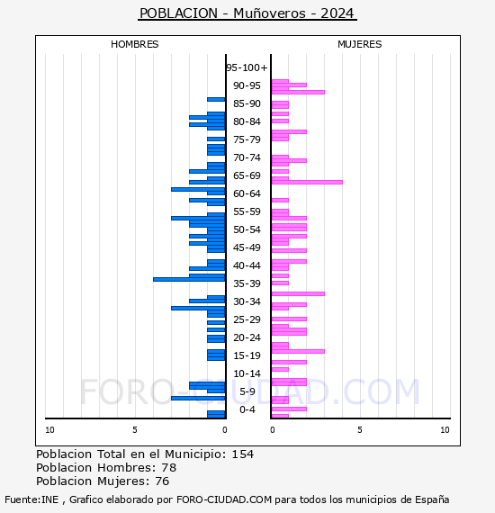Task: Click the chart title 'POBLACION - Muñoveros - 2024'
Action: (x=247, y=13)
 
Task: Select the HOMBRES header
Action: (x=134, y=44)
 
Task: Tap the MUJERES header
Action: (x=360, y=44)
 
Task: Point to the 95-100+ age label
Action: (x=247, y=67)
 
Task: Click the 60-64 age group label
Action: (x=247, y=193)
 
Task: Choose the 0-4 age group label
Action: (x=247, y=409)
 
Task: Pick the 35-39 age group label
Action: (x=247, y=283)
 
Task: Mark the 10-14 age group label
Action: (x=247, y=373)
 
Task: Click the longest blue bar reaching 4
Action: (x=189, y=279)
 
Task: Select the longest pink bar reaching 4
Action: (x=307, y=182)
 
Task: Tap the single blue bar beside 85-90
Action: (x=216, y=100)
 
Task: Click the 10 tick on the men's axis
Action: (x=49, y=430)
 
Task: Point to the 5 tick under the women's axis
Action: (x=360, y=430)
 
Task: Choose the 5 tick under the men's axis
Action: (x=135, y=430)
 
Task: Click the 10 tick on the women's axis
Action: (x=445, y=430)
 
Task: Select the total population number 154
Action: (x=242, y=454)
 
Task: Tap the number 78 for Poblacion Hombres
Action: (x=169, y=468)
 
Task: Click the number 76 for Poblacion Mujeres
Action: (x=162, y=481)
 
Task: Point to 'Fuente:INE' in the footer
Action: (x=31, y=499)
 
